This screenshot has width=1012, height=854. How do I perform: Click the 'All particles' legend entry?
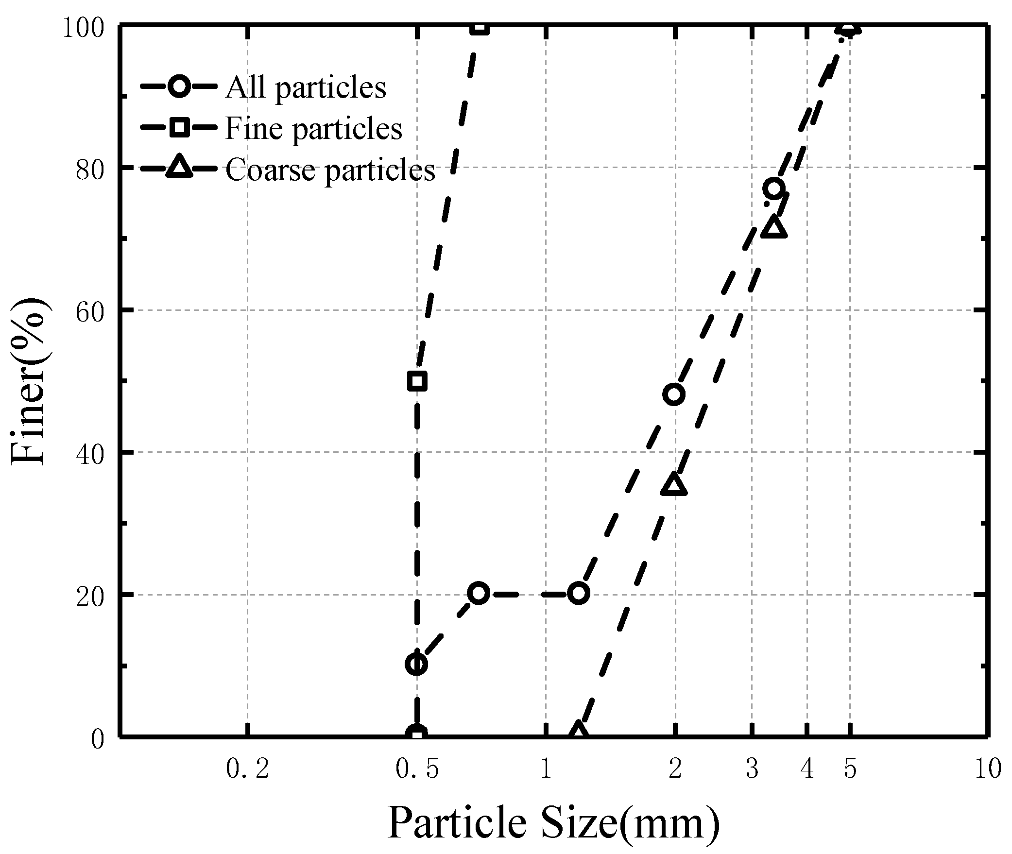pyautogui.click(x=305, y=87)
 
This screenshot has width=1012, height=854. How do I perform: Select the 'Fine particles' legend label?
pyautogui.click(x=313, y=129)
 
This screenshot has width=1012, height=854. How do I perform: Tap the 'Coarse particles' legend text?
pyautogui.click(x=330, y=170)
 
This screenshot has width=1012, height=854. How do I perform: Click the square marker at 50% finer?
pyautogui.click(x=417, y=381)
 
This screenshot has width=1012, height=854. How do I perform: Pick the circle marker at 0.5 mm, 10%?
pyautogui.click(x=416, y=664)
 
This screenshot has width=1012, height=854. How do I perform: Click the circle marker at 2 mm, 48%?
pyautogui.click(x=674, y=394)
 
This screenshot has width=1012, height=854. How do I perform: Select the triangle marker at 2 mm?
pyautogui.click(x=674, y=484)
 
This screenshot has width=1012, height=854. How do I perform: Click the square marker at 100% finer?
pyautogui.click(x=480, y=27)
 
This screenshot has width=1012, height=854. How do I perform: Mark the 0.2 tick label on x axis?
pyautogui.click(x=247, y=769)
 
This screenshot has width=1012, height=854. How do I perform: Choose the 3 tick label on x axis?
pyautogui.click(x=752, y=769)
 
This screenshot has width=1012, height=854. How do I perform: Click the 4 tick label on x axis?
pyautogui.click(x=807, y=769)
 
